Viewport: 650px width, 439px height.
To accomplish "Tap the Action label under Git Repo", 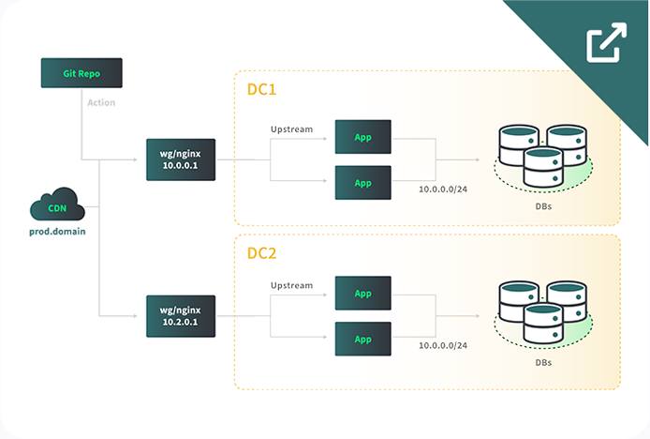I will (101, 102).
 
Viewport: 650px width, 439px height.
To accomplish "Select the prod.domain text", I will (57, 231).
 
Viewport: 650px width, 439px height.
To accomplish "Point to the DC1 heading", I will (261, 91).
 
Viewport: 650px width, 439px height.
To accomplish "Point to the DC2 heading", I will (261, 253).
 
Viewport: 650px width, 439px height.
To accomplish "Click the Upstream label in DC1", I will (291, 129).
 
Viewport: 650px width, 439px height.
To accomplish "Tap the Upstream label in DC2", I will (291, 284).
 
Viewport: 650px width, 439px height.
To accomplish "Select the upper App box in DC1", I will (363, 137).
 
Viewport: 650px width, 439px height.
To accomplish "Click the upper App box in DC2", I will (363, 293).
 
